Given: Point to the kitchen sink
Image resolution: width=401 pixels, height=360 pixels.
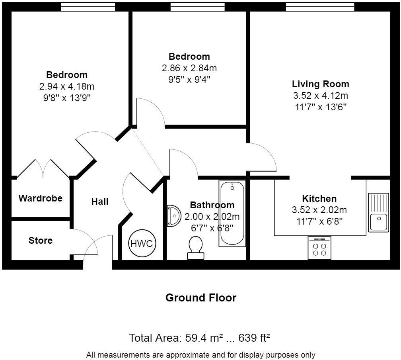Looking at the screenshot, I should click(378, 212).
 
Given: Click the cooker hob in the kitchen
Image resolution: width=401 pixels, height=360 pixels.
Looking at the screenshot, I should click(319, 248).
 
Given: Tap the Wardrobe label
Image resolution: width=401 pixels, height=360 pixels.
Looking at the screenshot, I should click(41, 198).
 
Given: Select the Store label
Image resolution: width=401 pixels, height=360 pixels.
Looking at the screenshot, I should click(41, 241).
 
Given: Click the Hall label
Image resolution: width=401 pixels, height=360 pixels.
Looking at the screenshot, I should click(100, 202).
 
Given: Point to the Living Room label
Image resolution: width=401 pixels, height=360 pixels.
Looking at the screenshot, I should click(320, 84).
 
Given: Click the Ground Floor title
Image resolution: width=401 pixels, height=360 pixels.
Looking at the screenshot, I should click(200, 297).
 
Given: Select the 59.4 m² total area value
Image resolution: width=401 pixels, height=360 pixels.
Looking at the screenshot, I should click(204, 338).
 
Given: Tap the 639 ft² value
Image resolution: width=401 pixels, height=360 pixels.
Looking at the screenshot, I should click(254, 338).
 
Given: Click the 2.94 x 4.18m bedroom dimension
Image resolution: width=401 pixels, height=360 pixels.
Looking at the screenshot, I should click(67, 86).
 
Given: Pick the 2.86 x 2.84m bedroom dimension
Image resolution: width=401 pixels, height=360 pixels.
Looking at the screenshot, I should click(189, 68).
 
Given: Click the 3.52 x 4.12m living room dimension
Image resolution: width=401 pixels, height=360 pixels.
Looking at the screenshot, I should click(320, 96).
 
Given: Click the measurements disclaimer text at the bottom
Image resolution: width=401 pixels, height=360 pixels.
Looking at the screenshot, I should click(200, 354).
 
